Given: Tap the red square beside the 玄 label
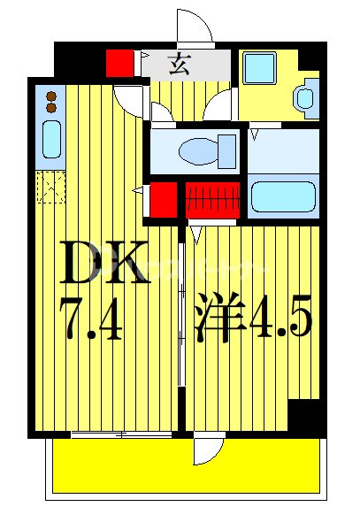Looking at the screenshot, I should tap(118, 64).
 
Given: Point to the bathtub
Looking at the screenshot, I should tap(283, 197).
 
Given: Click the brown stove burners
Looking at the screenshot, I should tap(51, 101).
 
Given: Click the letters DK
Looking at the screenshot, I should tap(103, 263).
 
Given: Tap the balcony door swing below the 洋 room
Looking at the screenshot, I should tap(204, 449).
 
